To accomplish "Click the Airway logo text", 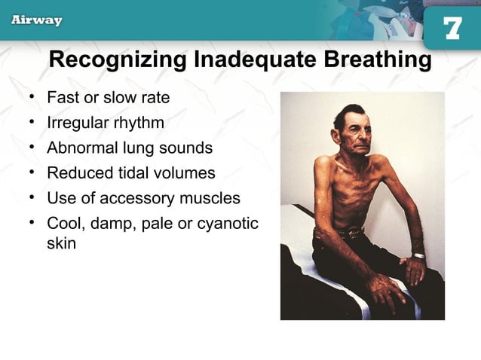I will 36,20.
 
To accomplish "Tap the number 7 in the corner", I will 452,29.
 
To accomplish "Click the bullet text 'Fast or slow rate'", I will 108,98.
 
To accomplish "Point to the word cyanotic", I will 226,224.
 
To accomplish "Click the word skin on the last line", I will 61,245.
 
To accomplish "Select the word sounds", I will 185,148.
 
